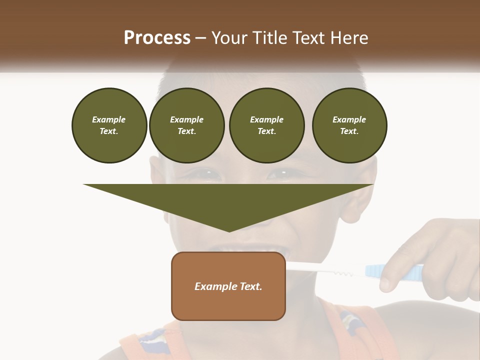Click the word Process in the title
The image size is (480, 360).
(x=157, y=38)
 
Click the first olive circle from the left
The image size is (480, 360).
(x=109, y=125)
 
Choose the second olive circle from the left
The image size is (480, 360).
(x=186, y=125)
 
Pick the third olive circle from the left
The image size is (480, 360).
(x=266, y=125)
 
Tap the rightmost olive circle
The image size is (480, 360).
(x=349, y=125)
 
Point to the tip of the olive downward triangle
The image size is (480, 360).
(x=229, y=230)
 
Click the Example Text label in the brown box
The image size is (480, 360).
(x=228, y=286)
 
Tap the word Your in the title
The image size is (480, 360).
(x=228, y=38)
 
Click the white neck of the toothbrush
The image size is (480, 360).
(x=325, y=270)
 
